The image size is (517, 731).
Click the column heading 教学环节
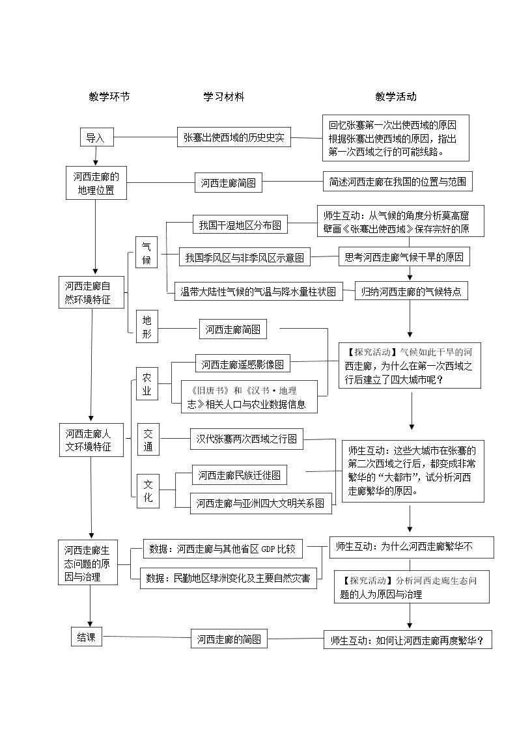point(109,97)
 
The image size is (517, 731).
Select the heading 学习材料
point(224,97)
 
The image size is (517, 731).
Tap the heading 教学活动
point(396,97)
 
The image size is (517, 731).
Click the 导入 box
point(96,137)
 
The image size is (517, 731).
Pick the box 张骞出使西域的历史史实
point(234,137)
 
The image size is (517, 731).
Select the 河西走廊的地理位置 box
point(96,183)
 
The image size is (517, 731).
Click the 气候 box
point(147,253)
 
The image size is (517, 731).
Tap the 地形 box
point(147,326)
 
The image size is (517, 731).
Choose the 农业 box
point(147,383)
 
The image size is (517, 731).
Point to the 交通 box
point(148,439)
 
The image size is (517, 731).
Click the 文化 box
point(148,490)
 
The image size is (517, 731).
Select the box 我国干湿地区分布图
point(240,225)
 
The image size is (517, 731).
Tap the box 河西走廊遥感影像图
point(242,364)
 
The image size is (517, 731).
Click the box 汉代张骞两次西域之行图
point(247,439)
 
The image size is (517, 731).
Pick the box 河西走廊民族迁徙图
point(240,475)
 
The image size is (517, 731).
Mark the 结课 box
point(87,637)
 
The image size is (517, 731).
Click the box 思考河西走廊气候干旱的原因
point(404,257)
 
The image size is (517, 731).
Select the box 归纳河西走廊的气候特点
point(411,292)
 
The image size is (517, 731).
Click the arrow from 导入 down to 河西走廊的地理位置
point(96,156)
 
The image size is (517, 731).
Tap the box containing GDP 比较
point(223,549)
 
